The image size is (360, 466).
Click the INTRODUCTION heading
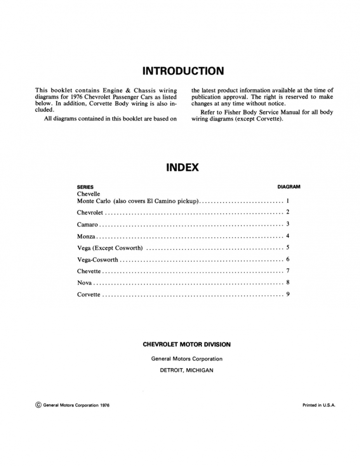pos(183,71)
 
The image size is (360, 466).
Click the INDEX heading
pos(182,167)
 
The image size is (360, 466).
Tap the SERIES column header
pos(85,187)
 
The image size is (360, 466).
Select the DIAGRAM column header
pos(289,187)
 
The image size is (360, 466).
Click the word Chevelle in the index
pos(89,194)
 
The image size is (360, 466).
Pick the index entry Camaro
pos(87,224)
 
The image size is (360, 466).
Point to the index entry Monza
pos(86,236)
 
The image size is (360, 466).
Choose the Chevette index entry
pos(89,271)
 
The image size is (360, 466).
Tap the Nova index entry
pos(84,283)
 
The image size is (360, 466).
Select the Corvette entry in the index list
pos(89,295)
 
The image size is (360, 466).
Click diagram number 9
pos(288,294)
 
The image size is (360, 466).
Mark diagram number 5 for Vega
pos(288,247)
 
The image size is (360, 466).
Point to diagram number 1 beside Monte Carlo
pos(288,201)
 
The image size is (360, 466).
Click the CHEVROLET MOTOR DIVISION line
pos(186,344)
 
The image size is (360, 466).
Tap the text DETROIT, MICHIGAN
pos(186,370)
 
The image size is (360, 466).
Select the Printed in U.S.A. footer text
pos(318,405)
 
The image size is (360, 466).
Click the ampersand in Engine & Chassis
pos(130,90)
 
